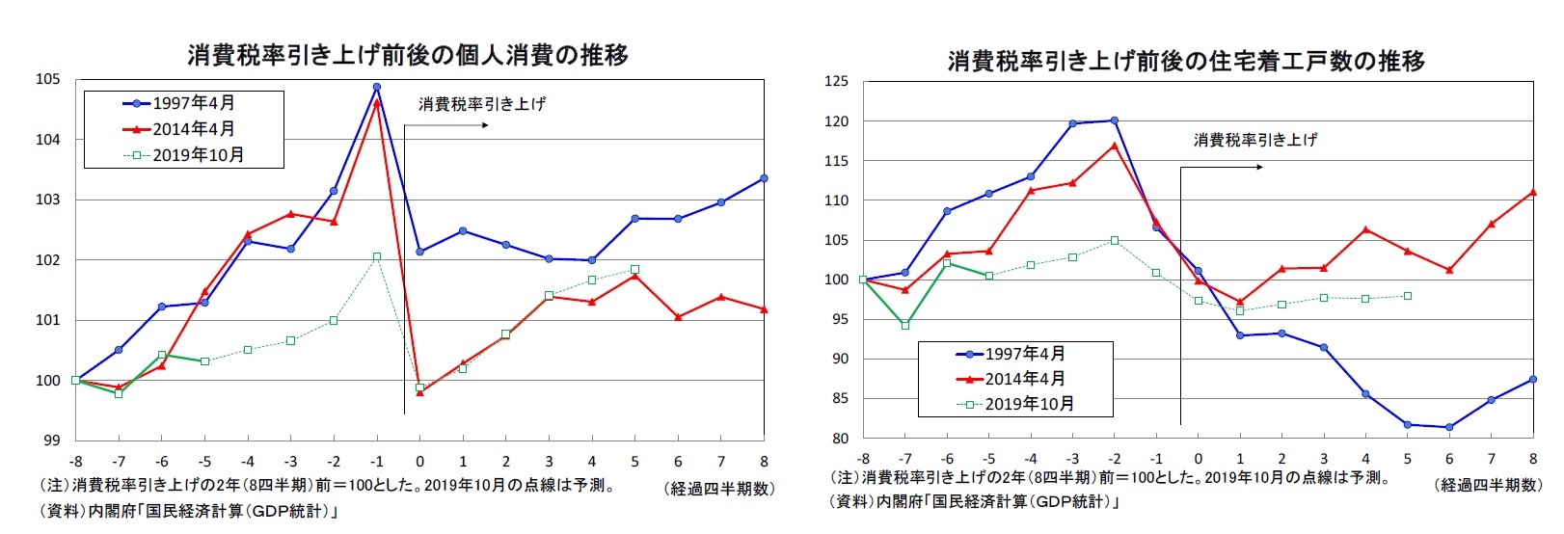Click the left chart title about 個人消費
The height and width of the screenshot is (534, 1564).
(408, 55)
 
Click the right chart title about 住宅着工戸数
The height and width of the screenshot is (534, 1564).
(1185, 62)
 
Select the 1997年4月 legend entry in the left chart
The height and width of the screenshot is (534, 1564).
(183, 103)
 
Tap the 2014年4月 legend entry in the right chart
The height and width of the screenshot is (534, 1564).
(1012, 379)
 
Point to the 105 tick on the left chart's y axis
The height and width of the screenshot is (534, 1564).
(47, 79)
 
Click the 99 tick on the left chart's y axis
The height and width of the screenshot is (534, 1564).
(51, 441)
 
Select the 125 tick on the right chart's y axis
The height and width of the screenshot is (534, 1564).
(836, 82)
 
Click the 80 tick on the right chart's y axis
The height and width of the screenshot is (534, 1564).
(839, 439)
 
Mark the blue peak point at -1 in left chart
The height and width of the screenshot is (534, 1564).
(376, 87)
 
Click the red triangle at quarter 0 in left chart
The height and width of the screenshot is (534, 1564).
(419, 392)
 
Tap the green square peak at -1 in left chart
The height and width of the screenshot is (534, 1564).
(376, 256)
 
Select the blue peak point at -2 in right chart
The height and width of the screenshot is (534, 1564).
(1115, 120)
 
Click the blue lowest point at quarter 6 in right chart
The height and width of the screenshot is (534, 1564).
(1449, 427)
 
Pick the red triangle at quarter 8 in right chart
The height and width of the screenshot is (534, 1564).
(1533, 192)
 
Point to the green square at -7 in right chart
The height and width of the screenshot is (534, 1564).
(905, 326)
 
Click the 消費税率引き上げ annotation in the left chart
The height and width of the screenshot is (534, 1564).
(481, 104)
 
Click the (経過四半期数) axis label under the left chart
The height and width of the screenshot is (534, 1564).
(719, 489)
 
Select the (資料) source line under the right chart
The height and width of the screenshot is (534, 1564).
(974, 502)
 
